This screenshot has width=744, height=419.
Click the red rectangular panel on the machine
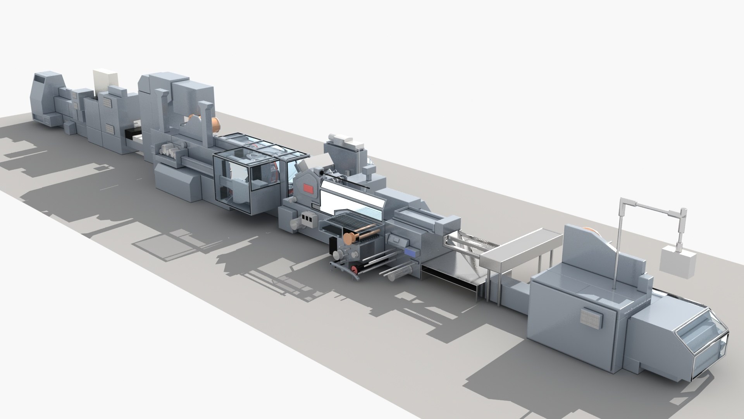[308, 189]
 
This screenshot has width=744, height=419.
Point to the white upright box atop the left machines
[105, 81]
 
